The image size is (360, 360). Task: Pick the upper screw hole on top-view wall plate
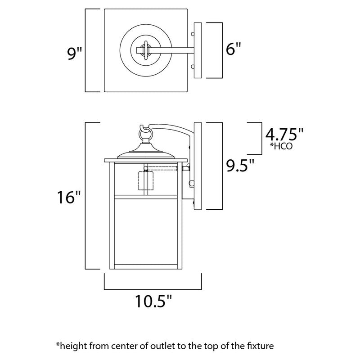tap(193, 34)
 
